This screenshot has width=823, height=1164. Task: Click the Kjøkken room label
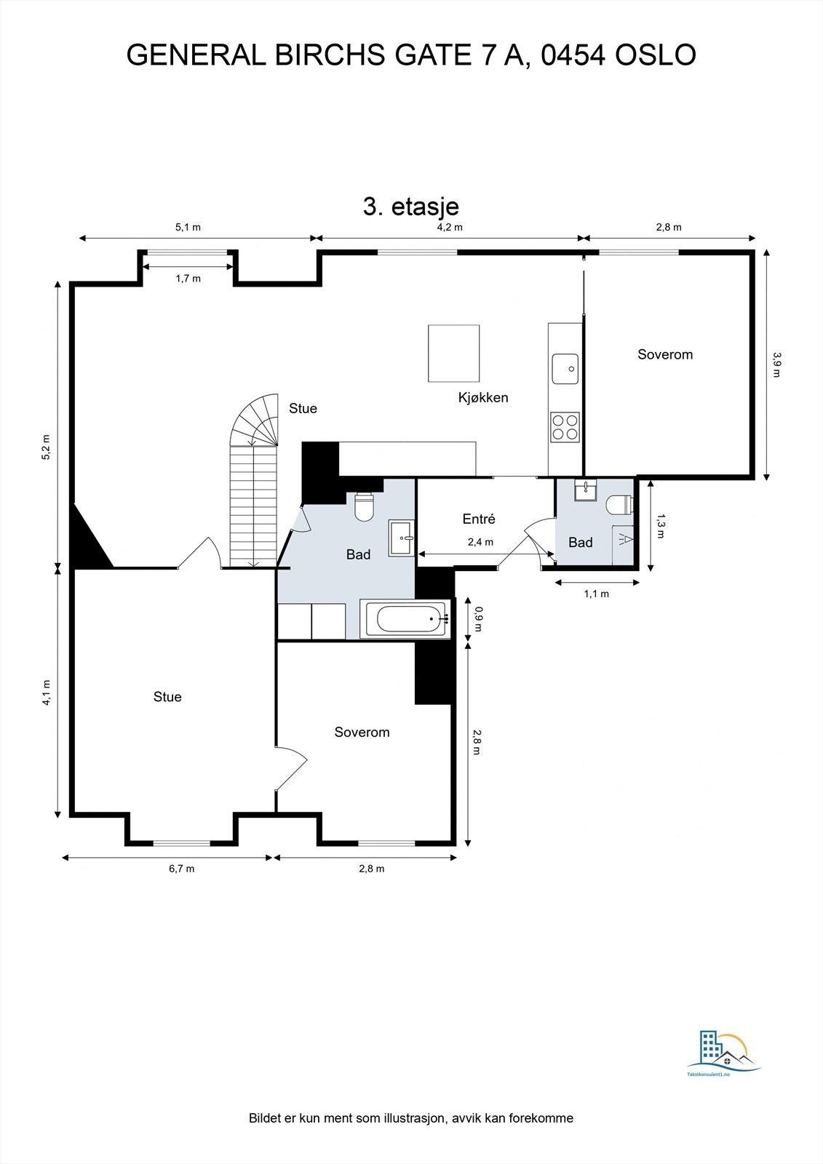pyautogui.click(x=483, y=397)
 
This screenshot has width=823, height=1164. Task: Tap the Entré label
pyautogui.click(x=479, y=519)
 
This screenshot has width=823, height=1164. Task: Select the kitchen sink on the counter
pyautogui.click(x=565, y=368)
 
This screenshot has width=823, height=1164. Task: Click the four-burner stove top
pyautogui.click(x=565, y=427)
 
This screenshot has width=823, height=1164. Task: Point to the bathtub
pyautogui.click(x=405, y=618)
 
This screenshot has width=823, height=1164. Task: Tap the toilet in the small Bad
pyautogui.click(x=620, y=505)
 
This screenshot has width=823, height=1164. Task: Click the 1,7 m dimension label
pyautogui.click(x=188, y=279)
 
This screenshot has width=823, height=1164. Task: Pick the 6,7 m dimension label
pyautogui.click(x=181, y=869)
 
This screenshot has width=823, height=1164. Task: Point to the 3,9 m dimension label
pyautogui.click(x=776, y=364)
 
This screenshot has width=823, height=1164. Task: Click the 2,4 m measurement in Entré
pyautogui.click(x=480, y=542)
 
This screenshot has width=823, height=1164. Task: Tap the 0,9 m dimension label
pyautogui.click(x=478, y=619)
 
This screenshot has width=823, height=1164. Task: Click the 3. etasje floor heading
pyautogui.click(x=410, y=207)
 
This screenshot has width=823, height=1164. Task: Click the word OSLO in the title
pyautogui.click(x=655, y=55)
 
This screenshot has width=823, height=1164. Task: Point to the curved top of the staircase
pyautogui.click(x=254, y=420)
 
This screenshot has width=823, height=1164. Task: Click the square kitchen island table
pyautogui.click(x=454, y=354)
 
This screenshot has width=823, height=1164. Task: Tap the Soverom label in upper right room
pyautogui.click(x=665, y=354)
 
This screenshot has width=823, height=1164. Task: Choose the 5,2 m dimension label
pyautogui.click(x=47, y=447)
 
